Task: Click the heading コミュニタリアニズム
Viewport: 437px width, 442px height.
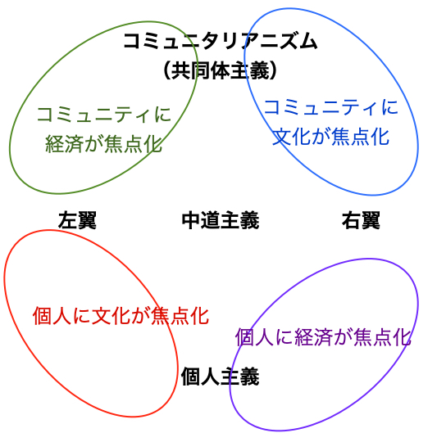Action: point(221,42)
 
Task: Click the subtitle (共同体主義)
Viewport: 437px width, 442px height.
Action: point(220,70)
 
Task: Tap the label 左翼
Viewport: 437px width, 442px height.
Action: point(77,220)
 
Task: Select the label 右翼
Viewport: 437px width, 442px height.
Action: point(361,220)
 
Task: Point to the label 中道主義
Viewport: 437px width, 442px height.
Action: point(221,220)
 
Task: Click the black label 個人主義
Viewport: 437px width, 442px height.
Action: point(221,377)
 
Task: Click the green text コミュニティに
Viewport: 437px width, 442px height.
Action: point(104,115)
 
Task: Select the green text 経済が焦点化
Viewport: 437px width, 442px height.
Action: point(103,144)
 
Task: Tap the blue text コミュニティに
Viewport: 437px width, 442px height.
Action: point(331,107)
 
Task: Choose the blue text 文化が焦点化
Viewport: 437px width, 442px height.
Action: point(331,137)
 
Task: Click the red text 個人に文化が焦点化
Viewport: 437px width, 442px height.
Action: point(121,316)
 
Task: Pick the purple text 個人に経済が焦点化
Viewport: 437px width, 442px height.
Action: point(323,337)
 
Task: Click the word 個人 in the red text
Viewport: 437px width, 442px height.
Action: point(52,316)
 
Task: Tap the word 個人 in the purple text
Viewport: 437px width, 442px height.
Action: point(254,337)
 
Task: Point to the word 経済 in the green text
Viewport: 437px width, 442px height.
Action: point(64,144)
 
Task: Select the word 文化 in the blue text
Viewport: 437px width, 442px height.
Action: point(291,137)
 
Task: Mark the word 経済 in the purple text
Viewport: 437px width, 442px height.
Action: point(313,337)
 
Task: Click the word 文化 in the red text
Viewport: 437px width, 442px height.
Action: point(111,316)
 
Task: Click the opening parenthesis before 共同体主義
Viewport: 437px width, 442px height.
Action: point(167,70)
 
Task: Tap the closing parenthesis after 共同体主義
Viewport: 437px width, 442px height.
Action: point(273,70)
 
